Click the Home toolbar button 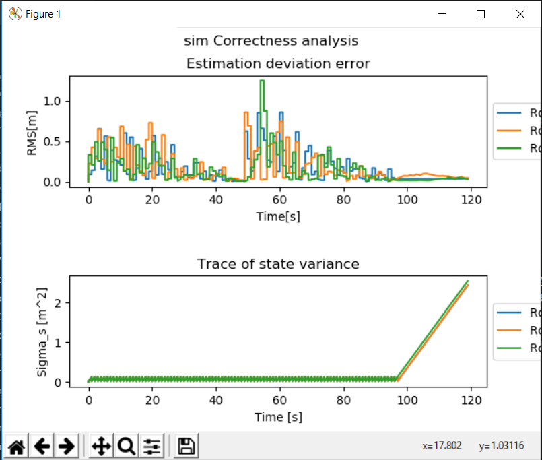point(18,446)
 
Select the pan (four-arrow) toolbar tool point(100,446)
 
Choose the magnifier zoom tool point(127,446)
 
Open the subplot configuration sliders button point(153,446)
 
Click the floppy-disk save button point(187,446)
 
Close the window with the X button point(520,14)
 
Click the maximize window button point(481,14)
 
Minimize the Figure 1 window point(442,14)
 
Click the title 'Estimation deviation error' point(277,64)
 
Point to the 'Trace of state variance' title point(277,264)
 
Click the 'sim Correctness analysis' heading point(271,41)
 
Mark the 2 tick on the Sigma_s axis point(59,303)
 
